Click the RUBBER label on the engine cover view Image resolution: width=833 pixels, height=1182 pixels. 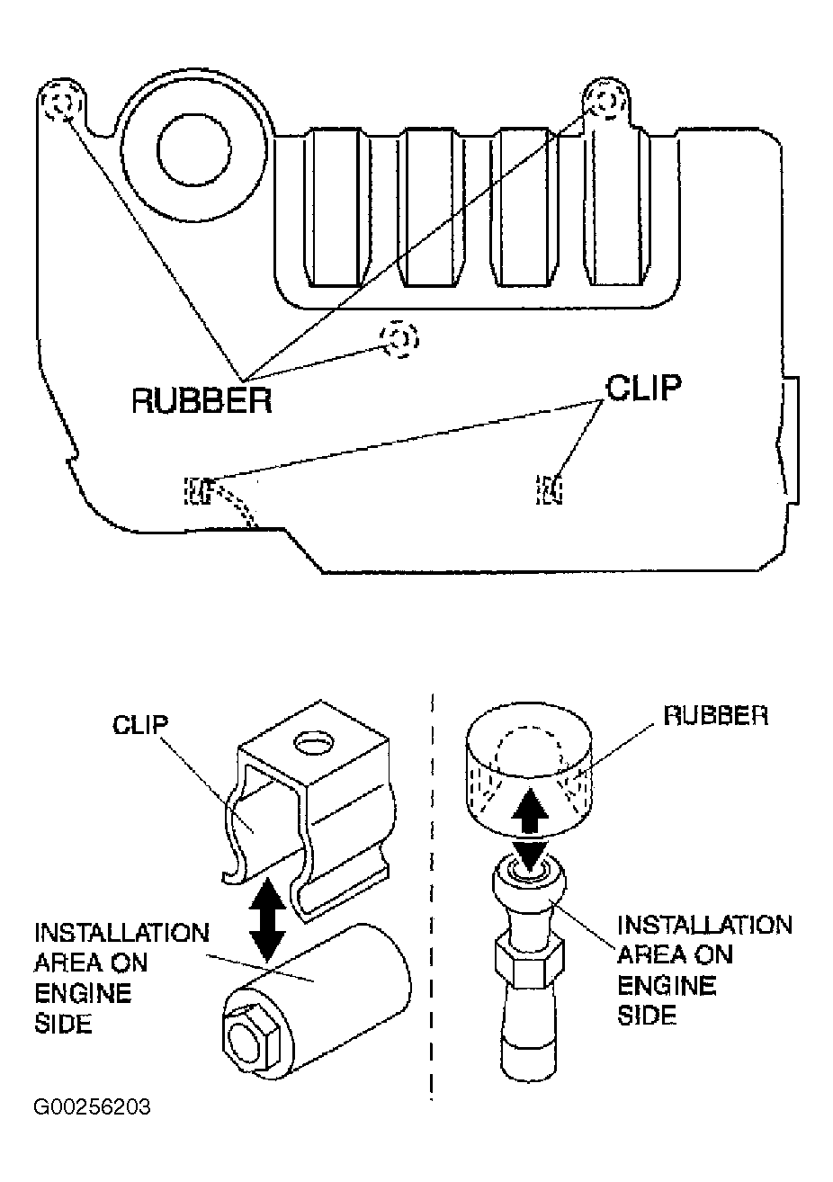(x=202, y=400)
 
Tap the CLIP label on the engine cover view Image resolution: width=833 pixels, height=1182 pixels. (x=643, y=388)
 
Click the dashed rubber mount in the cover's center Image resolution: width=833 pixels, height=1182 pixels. (x=399, y=338)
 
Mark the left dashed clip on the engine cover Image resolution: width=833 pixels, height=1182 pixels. (x=199, y=490)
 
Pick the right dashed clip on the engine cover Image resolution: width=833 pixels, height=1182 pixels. (x=549, y=489)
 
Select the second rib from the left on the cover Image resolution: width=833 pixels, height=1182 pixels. (x=429, y=208)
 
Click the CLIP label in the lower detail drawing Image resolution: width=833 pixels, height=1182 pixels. (x=139, y=725)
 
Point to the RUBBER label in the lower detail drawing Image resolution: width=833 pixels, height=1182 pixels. (x=715, y=715)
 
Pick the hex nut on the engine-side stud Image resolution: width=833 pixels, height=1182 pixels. (x=530, y=964)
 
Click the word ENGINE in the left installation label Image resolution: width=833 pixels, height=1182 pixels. (x=83, y=994)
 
